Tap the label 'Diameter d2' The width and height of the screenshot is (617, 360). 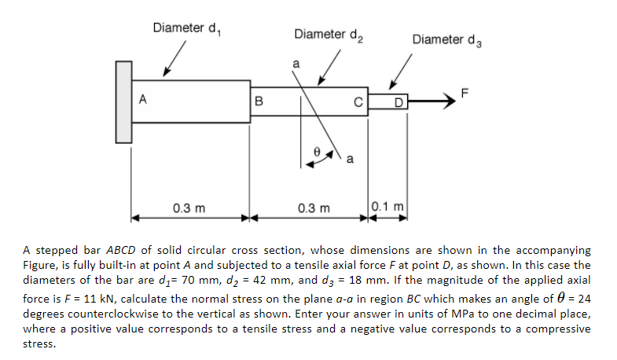click(x=327, y=34)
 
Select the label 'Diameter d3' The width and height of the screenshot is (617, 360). click(x=446, y=39)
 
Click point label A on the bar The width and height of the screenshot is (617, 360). click(x=142, y=99)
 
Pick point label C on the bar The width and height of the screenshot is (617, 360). click(x=356, y=101)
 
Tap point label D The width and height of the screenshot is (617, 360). click(x=398, y=101)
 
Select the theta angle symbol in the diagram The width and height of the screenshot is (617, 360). click(x=316, y=146)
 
